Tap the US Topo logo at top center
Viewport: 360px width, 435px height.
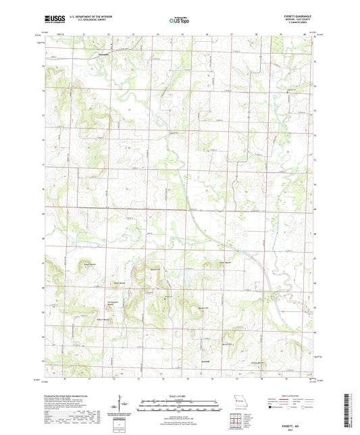(180, 20)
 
